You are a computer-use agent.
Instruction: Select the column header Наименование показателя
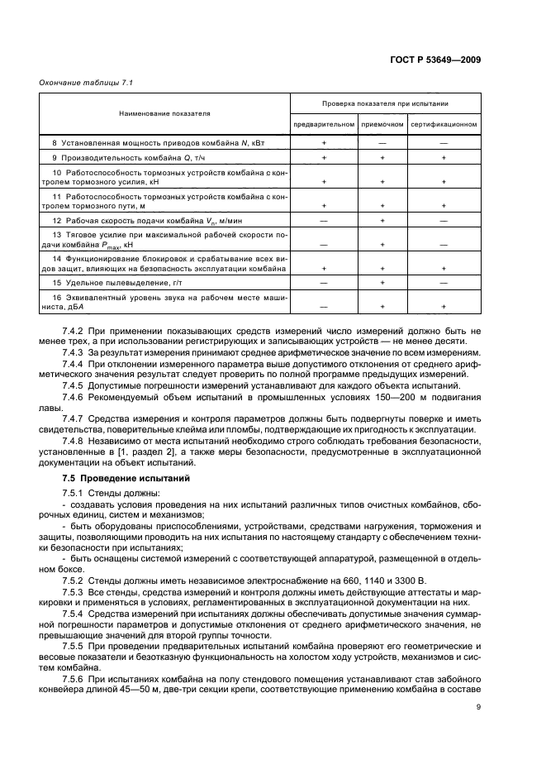(x=164, y=113)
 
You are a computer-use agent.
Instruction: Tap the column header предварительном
(x=324, y=124)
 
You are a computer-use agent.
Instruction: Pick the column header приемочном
(x=382, y=124)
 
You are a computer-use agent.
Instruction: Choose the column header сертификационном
(x=444, y=124)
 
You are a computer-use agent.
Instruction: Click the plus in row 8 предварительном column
(x=324, y=143)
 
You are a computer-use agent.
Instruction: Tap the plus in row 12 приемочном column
(x=382, y=221)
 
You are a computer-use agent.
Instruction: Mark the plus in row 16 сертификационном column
(x=444, y=305)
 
